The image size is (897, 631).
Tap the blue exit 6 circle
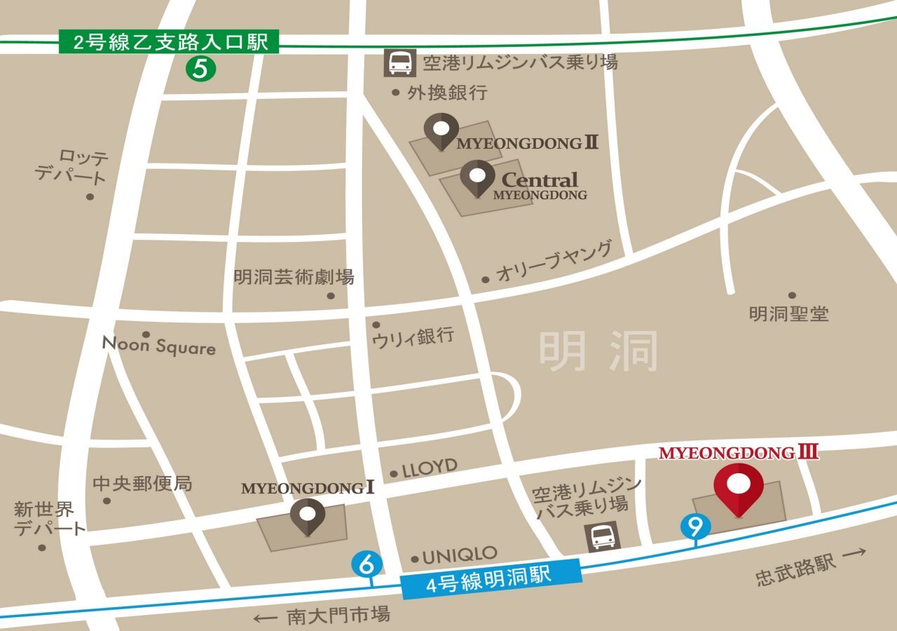[x=366, y=562]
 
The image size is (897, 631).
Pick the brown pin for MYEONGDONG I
[x=308, y=516]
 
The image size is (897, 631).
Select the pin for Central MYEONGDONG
[x=477, y=177]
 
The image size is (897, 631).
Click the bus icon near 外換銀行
[x=399, y=63]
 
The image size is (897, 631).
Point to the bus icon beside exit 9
[x=603, y=538]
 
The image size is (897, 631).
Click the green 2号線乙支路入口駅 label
[x=170, y=41]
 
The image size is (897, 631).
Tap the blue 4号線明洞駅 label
[x=491, y=578]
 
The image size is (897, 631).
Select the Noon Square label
[x=158, y=346]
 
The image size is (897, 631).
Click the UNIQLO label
[x=460, y=555]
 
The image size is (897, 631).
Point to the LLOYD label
[x=429, y=468]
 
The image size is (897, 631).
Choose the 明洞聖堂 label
[x=788, y=313]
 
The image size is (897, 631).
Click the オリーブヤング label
[x=554, y=262]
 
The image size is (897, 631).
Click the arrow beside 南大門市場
[x=266, y=618]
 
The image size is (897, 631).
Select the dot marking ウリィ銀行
[x=376, y=325]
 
